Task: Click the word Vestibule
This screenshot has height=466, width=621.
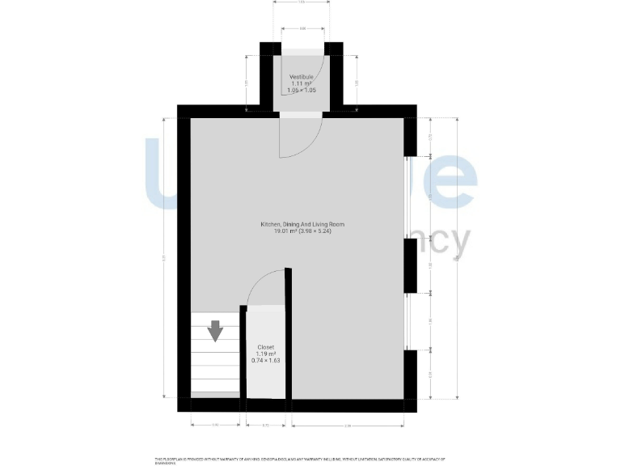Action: coord(302,77)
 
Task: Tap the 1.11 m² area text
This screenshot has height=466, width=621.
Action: coord(302,83)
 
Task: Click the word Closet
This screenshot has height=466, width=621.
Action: coord(266,347)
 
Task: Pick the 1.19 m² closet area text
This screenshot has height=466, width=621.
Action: coord(266,354)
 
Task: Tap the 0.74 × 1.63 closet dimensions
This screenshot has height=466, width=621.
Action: coord(266,362)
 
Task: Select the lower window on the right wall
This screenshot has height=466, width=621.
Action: coord(406,321)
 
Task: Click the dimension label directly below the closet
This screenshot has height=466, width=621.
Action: coord(265,426)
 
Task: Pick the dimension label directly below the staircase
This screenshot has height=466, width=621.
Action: coord(215,426)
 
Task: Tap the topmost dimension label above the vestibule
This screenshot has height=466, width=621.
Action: coord(302,3)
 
